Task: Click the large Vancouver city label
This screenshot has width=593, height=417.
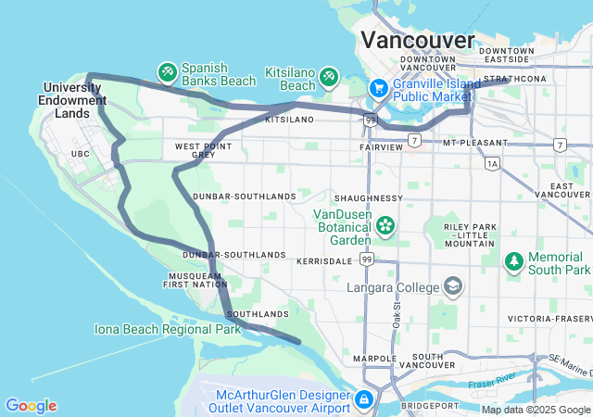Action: click(x=417, y=39)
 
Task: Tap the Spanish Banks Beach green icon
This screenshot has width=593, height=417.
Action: click(x=168, y=70)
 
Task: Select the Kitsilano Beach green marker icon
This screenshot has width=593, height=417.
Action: click(x=330, y=74)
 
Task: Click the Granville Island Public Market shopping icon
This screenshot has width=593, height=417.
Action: click(x=378, y=88)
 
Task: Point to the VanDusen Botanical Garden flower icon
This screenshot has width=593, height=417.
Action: click(x=385, y=225)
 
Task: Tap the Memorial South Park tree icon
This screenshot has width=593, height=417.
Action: click(x=514, y=262)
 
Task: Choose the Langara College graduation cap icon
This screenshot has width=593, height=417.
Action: click(x=453, y=287)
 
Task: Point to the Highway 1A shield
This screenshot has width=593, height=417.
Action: click(x=491, y=163)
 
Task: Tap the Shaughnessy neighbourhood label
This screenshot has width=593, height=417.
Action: click(x=368, y=198)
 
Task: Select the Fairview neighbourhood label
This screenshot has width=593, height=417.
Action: click(x=381, y=147)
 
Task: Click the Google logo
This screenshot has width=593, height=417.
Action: click(x=31, y=406)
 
